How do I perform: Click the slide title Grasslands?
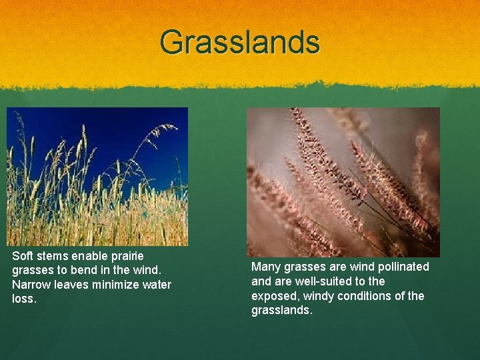pyautogui.click(x=240, y=42)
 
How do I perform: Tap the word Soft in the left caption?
pyautogui.click(x=23, y=256)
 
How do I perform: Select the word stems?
pyautogui.click(x=52, y=256)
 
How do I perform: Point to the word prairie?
pyautogui.click(x=126, y=256)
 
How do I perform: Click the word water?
pyautogui.click(x=157, y=285)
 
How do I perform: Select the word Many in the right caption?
pyautogui.click(x=265, y=267)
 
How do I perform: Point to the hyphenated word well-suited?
pyautogui.click(x=323, y=281)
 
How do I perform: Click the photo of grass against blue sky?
pyautogui.click(x=97, y=177)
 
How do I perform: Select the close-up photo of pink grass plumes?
pyautogui.click(x=343, y=182)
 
